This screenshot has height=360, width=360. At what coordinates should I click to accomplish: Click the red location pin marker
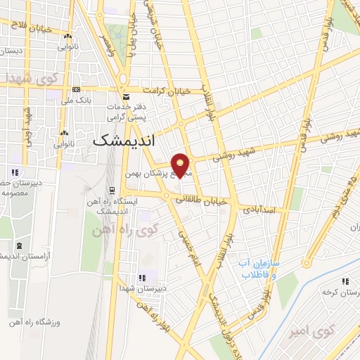coord(181,165)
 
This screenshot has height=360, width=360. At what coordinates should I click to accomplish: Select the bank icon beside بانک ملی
coord(76,90)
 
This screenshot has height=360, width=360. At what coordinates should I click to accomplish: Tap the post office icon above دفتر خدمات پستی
coord(126,96)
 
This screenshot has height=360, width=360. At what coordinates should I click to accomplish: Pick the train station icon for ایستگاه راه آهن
coord(112,191)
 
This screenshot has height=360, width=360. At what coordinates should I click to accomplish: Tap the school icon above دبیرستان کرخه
coord(345,281)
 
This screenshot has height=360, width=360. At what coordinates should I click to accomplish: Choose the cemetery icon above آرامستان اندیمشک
coord(18,245)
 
